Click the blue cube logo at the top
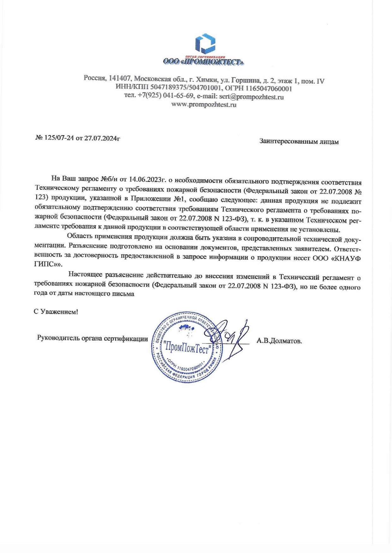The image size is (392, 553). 205,43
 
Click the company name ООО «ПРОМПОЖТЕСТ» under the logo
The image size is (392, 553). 204,62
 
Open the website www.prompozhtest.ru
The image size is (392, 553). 204,105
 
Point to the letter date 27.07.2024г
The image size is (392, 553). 102,138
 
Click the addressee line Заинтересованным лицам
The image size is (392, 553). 299,142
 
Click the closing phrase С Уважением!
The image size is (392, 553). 56,312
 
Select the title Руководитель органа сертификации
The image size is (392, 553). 92,338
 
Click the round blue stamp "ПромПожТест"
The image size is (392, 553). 187,348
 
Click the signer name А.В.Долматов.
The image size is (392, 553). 279,341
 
